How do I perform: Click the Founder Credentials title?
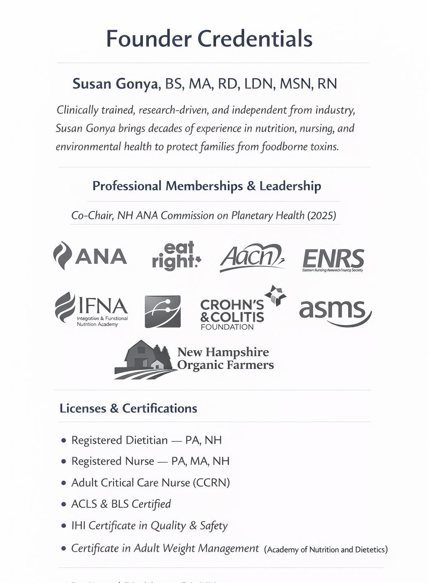click(x=209, y=38)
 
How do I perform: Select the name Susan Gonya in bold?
click(x=115, y=84)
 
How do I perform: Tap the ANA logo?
click(x=90, y=256)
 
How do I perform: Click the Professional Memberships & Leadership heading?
click(x=207, y=186)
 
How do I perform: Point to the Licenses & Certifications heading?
click(x=128, y=408)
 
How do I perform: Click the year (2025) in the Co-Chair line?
click(x=321, y=216)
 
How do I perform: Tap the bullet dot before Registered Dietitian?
click(x=64, y=440)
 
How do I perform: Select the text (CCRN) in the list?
click(x=211, y=483)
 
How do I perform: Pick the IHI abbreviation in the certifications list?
click(x=79, y=525)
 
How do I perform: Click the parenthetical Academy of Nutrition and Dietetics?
click(x=326, y=550)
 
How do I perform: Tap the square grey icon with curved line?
click(x=163, y=311)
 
